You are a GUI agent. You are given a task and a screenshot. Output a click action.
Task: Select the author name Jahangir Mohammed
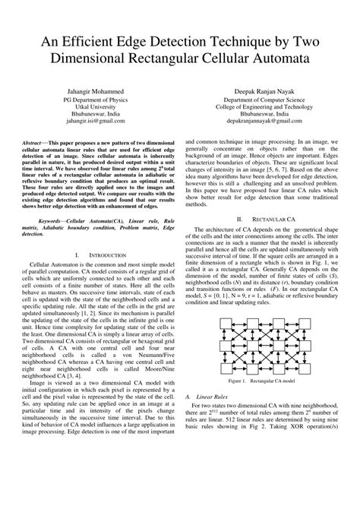(94, 90)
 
